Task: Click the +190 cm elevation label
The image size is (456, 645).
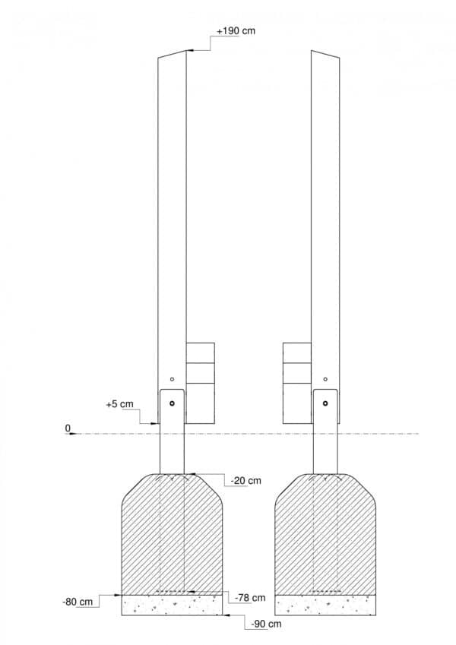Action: pyautogui.click(x=236, y=31)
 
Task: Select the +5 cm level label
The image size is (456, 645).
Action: pyautogui.click(x=120, y=404)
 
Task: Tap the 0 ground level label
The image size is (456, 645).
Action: pyautogui.click(x=68, y=428)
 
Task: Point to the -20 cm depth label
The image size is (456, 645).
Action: pyautogui.click(x=246, y=480)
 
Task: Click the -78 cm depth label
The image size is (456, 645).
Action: pyautogui.click(x=250, y=598)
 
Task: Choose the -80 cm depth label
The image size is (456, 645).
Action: pyautogui.click(x=78, y=602)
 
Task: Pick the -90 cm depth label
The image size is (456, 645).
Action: pyautogui.click(x=266, y=624)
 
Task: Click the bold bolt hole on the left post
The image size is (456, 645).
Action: pyautogui.click(x=172, y=403)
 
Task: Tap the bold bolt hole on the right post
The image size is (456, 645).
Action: pyautogui.click(x=325, y=403)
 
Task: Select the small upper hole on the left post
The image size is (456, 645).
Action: pyautogui.click(x=172, y=379)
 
